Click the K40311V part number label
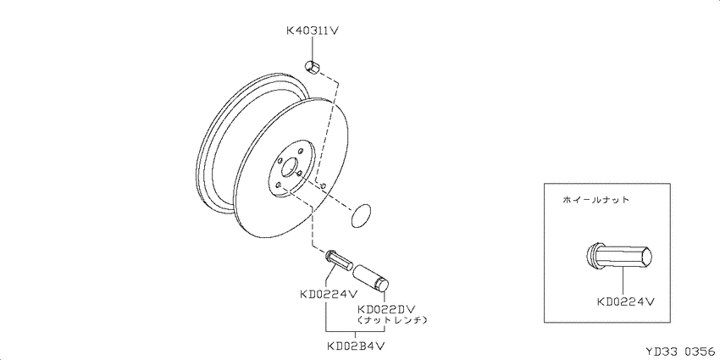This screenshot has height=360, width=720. (x=313, y=30)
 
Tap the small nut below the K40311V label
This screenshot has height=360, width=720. (x=312, y=67)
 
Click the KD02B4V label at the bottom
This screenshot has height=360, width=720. (x=356, y=345)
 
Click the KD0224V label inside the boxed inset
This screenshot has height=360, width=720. (x=625, y=302)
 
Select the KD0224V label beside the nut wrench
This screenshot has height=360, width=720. (x=329, y=294)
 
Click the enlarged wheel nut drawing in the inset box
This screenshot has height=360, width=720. (x=619, y=257)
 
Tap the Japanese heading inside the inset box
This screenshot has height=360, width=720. (x=595, y=200)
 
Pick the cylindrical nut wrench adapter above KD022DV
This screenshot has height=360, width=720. (x=371, y=278)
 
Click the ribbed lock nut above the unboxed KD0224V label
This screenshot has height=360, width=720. (x=339, y=260)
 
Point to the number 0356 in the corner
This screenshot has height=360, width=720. (x=701, y=352)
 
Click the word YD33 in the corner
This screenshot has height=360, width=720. (x=662, y=352)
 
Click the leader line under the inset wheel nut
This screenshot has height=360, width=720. (x=623, y=280)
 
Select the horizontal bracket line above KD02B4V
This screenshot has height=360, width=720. (x=355, y=331)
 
